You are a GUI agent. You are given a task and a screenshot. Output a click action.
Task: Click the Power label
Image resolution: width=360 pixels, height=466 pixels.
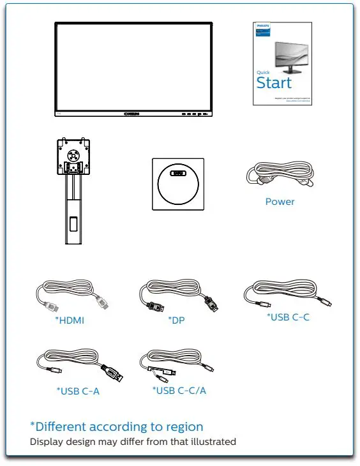[x=280, y=202]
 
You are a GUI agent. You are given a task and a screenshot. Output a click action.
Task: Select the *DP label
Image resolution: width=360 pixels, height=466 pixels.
[x=176, y=320]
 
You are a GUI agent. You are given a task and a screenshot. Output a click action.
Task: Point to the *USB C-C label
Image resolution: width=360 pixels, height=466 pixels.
[x=288, y=317]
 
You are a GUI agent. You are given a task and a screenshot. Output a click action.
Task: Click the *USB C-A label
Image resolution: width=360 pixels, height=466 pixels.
[x=78, y=391]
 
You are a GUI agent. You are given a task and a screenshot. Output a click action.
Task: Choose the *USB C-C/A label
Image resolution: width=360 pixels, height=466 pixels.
[x=179, y=390]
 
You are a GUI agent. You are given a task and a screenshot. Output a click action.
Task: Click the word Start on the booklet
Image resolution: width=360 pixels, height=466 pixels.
[x=274, y=83]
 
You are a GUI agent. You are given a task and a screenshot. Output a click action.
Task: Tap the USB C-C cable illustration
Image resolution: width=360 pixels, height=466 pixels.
[x=287, y=294]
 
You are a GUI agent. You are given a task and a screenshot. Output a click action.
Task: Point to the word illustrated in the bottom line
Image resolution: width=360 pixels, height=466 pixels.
[x=213, y=442]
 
